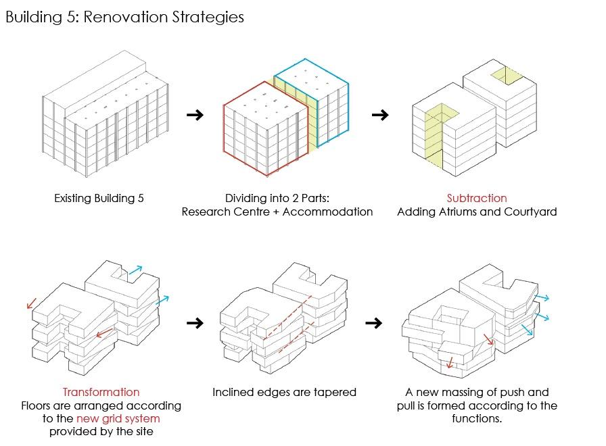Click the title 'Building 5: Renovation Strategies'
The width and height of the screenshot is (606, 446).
tap(124, 17)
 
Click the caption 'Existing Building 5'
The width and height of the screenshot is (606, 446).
tap(99, 199)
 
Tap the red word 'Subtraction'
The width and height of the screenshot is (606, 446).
tap(476, 199)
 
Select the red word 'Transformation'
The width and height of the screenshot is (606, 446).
tap(101, 392)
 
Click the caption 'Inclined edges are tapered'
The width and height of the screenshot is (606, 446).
tap(284, 392)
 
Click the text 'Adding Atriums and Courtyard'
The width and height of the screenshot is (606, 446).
tap(476, 212)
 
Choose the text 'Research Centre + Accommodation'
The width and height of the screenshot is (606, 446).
tap(277, 212)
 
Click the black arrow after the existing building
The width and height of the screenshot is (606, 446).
tap(195, 115)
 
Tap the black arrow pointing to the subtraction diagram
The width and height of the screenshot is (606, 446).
tap(380, 115)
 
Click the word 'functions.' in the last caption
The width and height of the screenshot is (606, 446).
tap(476, 418)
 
